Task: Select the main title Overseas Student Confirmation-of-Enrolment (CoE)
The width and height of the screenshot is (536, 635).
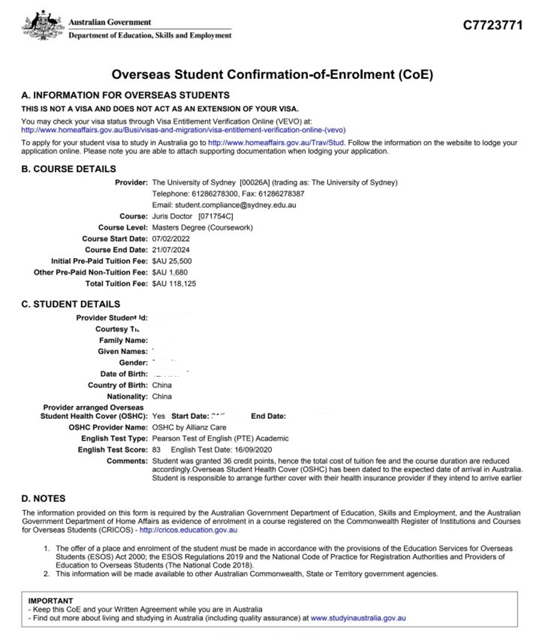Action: pyautogui.click(x=272, y=75)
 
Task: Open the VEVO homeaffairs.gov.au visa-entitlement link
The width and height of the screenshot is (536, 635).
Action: pyautogui.click(x=184, y=129)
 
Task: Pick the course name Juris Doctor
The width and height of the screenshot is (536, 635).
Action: pyautogui.click(x=172, y=216)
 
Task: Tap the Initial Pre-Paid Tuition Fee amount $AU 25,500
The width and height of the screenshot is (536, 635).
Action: pyautogui.click(x=173, y=261)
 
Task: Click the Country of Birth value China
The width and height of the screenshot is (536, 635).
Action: pyautogui.click(x=162, y=385)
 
